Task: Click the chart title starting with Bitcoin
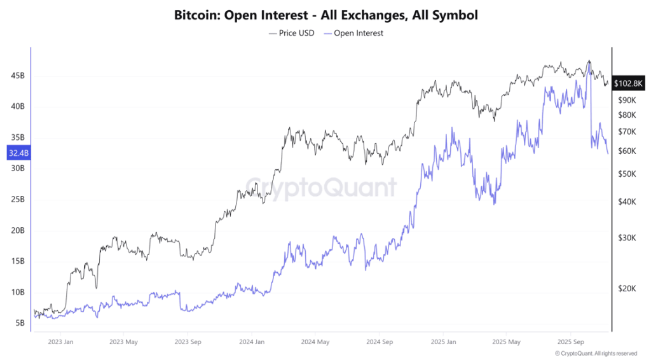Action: tap(325, 14)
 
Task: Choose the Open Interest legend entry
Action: tap(353, 33)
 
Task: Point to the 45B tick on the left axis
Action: tap(17, 76)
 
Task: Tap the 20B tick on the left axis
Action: tap(17, 230)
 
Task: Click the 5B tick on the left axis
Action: tap(19, 322)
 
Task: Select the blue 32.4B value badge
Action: tap(17, 153)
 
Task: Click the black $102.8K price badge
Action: tap(629, 83)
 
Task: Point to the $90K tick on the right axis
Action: tap(627, 100)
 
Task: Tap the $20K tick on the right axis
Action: tap(627, 288)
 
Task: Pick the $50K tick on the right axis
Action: tap(627, 174)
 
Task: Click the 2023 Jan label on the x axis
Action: tap(60, 342)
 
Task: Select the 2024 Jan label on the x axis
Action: tap(251, 342)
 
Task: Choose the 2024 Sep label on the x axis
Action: tap(378, 342)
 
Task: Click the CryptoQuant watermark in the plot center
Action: tap(321, 188)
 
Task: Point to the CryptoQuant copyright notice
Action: tap(596, 354)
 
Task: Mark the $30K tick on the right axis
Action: tap(627, 238)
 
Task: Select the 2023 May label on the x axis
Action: tap(124, 342)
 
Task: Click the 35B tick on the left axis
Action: tap(17, 137)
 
